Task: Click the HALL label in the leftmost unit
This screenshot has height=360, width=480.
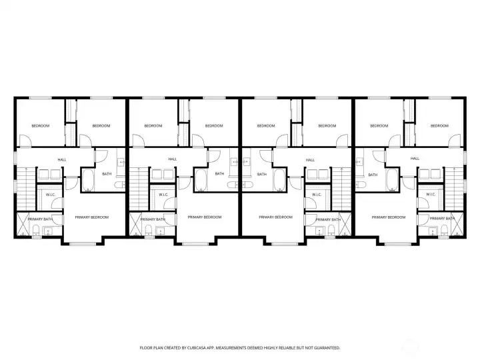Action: coord(62,159)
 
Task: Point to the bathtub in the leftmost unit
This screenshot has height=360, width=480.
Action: coord(88,180)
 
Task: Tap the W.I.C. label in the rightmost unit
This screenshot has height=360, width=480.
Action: coord(431,195)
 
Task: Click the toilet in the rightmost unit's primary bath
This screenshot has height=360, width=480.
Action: coord(443,231)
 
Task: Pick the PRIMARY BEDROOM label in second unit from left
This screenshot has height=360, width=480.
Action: coord(205,217)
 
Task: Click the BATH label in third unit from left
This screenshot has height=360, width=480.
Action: coord(262,174)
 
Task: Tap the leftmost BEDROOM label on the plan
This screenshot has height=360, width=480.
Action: coord(41,126)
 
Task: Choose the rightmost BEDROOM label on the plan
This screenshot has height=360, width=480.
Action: coord(439,126)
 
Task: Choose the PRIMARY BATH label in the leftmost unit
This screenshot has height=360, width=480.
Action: coord(41,219)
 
